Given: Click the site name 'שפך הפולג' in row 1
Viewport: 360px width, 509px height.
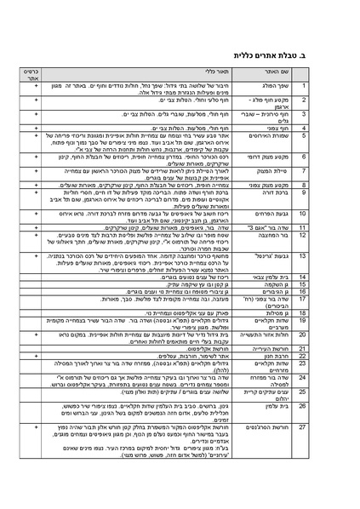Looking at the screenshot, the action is [x=298, y=88].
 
